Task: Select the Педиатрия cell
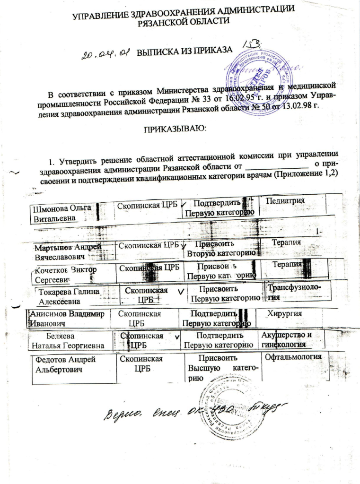click(x=286, y=200)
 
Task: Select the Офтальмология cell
click(x=294, y=356)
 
